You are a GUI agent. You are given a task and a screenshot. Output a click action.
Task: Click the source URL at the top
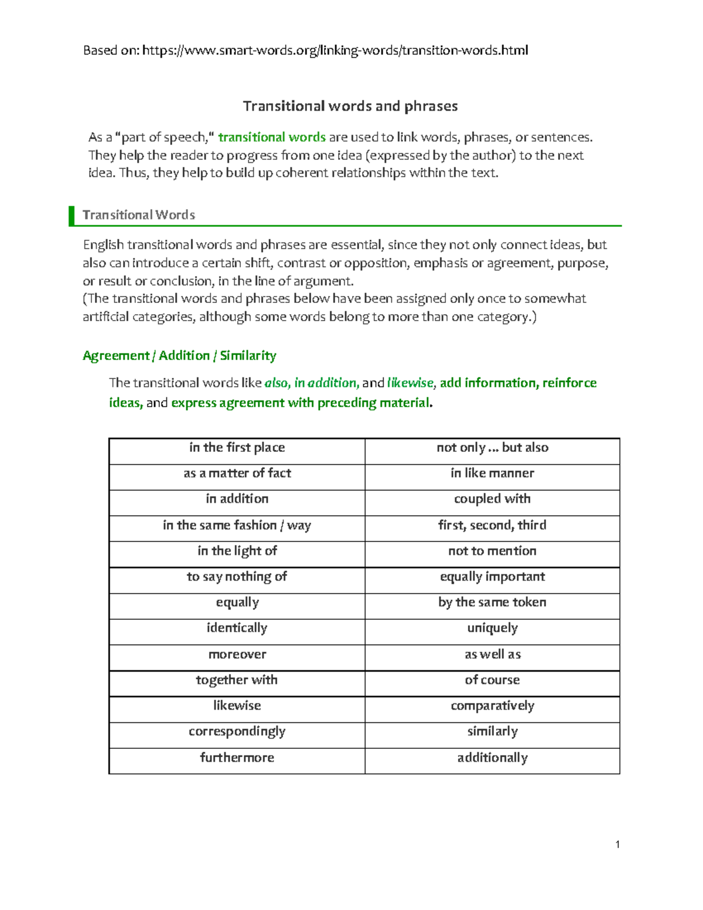click(335, 50)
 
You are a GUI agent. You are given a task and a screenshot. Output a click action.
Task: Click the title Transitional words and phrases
click(350, 106)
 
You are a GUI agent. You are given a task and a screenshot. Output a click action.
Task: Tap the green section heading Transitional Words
click(139, 215)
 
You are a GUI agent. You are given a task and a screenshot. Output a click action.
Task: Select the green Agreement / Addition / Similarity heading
click(179, 356)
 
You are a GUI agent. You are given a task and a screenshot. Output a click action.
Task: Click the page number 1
click(617, 844)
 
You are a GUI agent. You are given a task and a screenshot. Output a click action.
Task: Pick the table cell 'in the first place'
click(237, 448)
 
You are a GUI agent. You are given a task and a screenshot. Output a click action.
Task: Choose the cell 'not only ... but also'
click(492, 448)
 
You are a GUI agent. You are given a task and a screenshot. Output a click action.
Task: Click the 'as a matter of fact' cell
click(237, 473)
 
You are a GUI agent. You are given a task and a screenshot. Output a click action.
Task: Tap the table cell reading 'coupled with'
click(492, 499)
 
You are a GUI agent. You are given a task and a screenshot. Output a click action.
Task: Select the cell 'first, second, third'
click(492, 525)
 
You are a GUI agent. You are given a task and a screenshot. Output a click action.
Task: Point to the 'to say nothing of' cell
click(237, 577)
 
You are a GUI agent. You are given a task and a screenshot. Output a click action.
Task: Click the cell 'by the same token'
click(492, 602)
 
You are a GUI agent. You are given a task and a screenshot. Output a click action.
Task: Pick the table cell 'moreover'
click(237, 655)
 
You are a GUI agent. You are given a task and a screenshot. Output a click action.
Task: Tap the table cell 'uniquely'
click(492, 628)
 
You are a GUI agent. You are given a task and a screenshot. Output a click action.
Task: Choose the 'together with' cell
click(237, 680)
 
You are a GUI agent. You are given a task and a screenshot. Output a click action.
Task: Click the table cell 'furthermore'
click(237, 758)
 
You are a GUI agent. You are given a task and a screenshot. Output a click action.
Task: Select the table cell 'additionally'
click(492, 758)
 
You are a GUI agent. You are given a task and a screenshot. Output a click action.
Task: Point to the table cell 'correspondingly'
click(237, 732)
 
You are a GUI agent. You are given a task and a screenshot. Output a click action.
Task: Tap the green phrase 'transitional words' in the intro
click(272, 138)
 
